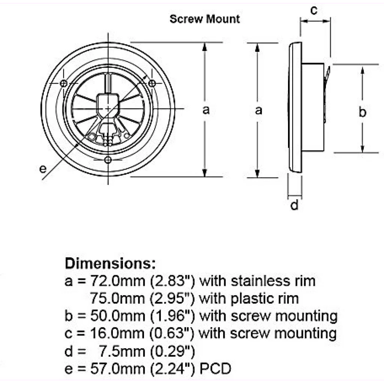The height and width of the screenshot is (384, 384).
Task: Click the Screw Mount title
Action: (204, 19)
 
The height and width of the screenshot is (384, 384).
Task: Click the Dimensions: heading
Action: (110, 263)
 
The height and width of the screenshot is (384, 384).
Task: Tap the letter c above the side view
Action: (314, 10)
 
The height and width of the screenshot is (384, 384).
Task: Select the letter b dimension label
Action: (362, 112)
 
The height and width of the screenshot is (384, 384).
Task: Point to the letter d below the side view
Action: (295, 205)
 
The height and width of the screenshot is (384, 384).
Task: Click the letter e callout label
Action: (43, 169)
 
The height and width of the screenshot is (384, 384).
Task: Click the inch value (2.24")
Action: (172, 369)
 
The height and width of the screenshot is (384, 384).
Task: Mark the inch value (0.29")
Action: (172, 351)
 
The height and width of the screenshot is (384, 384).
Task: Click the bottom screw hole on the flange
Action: (108, 160)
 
